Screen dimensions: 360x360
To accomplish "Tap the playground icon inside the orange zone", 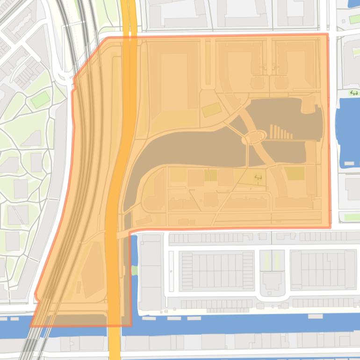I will [258, 177].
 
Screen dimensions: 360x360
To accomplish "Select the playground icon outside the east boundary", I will [354, 93].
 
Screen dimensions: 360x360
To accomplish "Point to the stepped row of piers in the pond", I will [281, 133].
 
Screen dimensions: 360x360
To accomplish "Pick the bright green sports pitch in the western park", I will [40, 99].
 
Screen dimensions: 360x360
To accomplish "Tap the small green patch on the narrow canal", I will [135, 270].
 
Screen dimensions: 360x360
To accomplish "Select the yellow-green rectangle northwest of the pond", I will [211, 110].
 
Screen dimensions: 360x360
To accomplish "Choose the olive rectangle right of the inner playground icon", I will [295, 173].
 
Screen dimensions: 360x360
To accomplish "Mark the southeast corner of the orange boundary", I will [330, 227].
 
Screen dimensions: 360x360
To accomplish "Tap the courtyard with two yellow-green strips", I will [272, 260].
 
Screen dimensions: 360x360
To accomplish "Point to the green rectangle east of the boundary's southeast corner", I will [351, 217].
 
